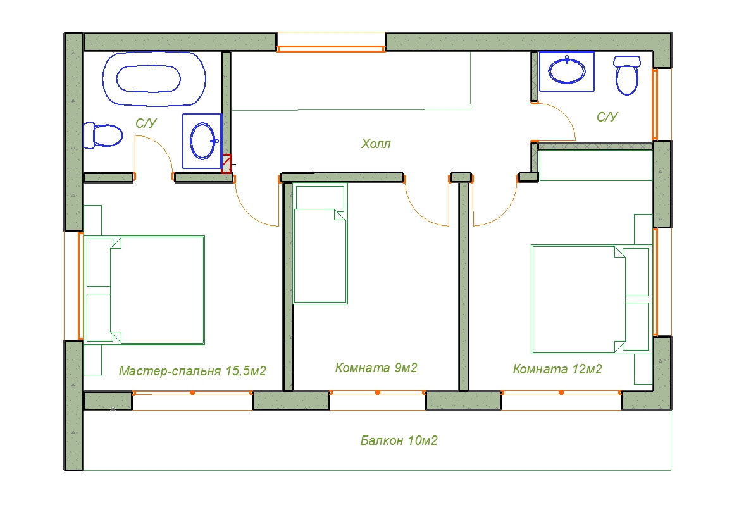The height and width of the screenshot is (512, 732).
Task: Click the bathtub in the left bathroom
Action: click(154, 78)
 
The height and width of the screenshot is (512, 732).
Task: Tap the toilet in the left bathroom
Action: click(102, 135)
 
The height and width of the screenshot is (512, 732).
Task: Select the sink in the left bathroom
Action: click(202, 140)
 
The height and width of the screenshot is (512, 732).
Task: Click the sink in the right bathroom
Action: click(567, 71)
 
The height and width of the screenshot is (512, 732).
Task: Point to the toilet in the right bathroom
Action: click(627, 75)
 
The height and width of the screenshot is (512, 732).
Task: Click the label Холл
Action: click(376, 144)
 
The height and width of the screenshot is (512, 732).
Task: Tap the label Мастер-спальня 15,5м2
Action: click(192, 371)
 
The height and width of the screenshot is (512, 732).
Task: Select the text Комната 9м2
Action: click(376, 368)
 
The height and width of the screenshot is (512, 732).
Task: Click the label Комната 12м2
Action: click(557, 369)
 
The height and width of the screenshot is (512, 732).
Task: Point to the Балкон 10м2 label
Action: click(399, 440)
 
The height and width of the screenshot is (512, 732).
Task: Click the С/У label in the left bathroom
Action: click(146, 123)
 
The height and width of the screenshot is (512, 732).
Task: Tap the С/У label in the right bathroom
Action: click(607, 117)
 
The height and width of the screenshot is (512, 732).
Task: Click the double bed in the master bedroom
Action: click(145, 290)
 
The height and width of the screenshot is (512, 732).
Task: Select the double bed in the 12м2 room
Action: click(590, 299)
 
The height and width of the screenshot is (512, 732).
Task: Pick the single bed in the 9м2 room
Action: click(320, 244)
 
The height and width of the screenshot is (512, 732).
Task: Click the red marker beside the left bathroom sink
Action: click(226, 164)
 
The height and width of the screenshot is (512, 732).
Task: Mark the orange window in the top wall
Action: click(331, 48)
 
